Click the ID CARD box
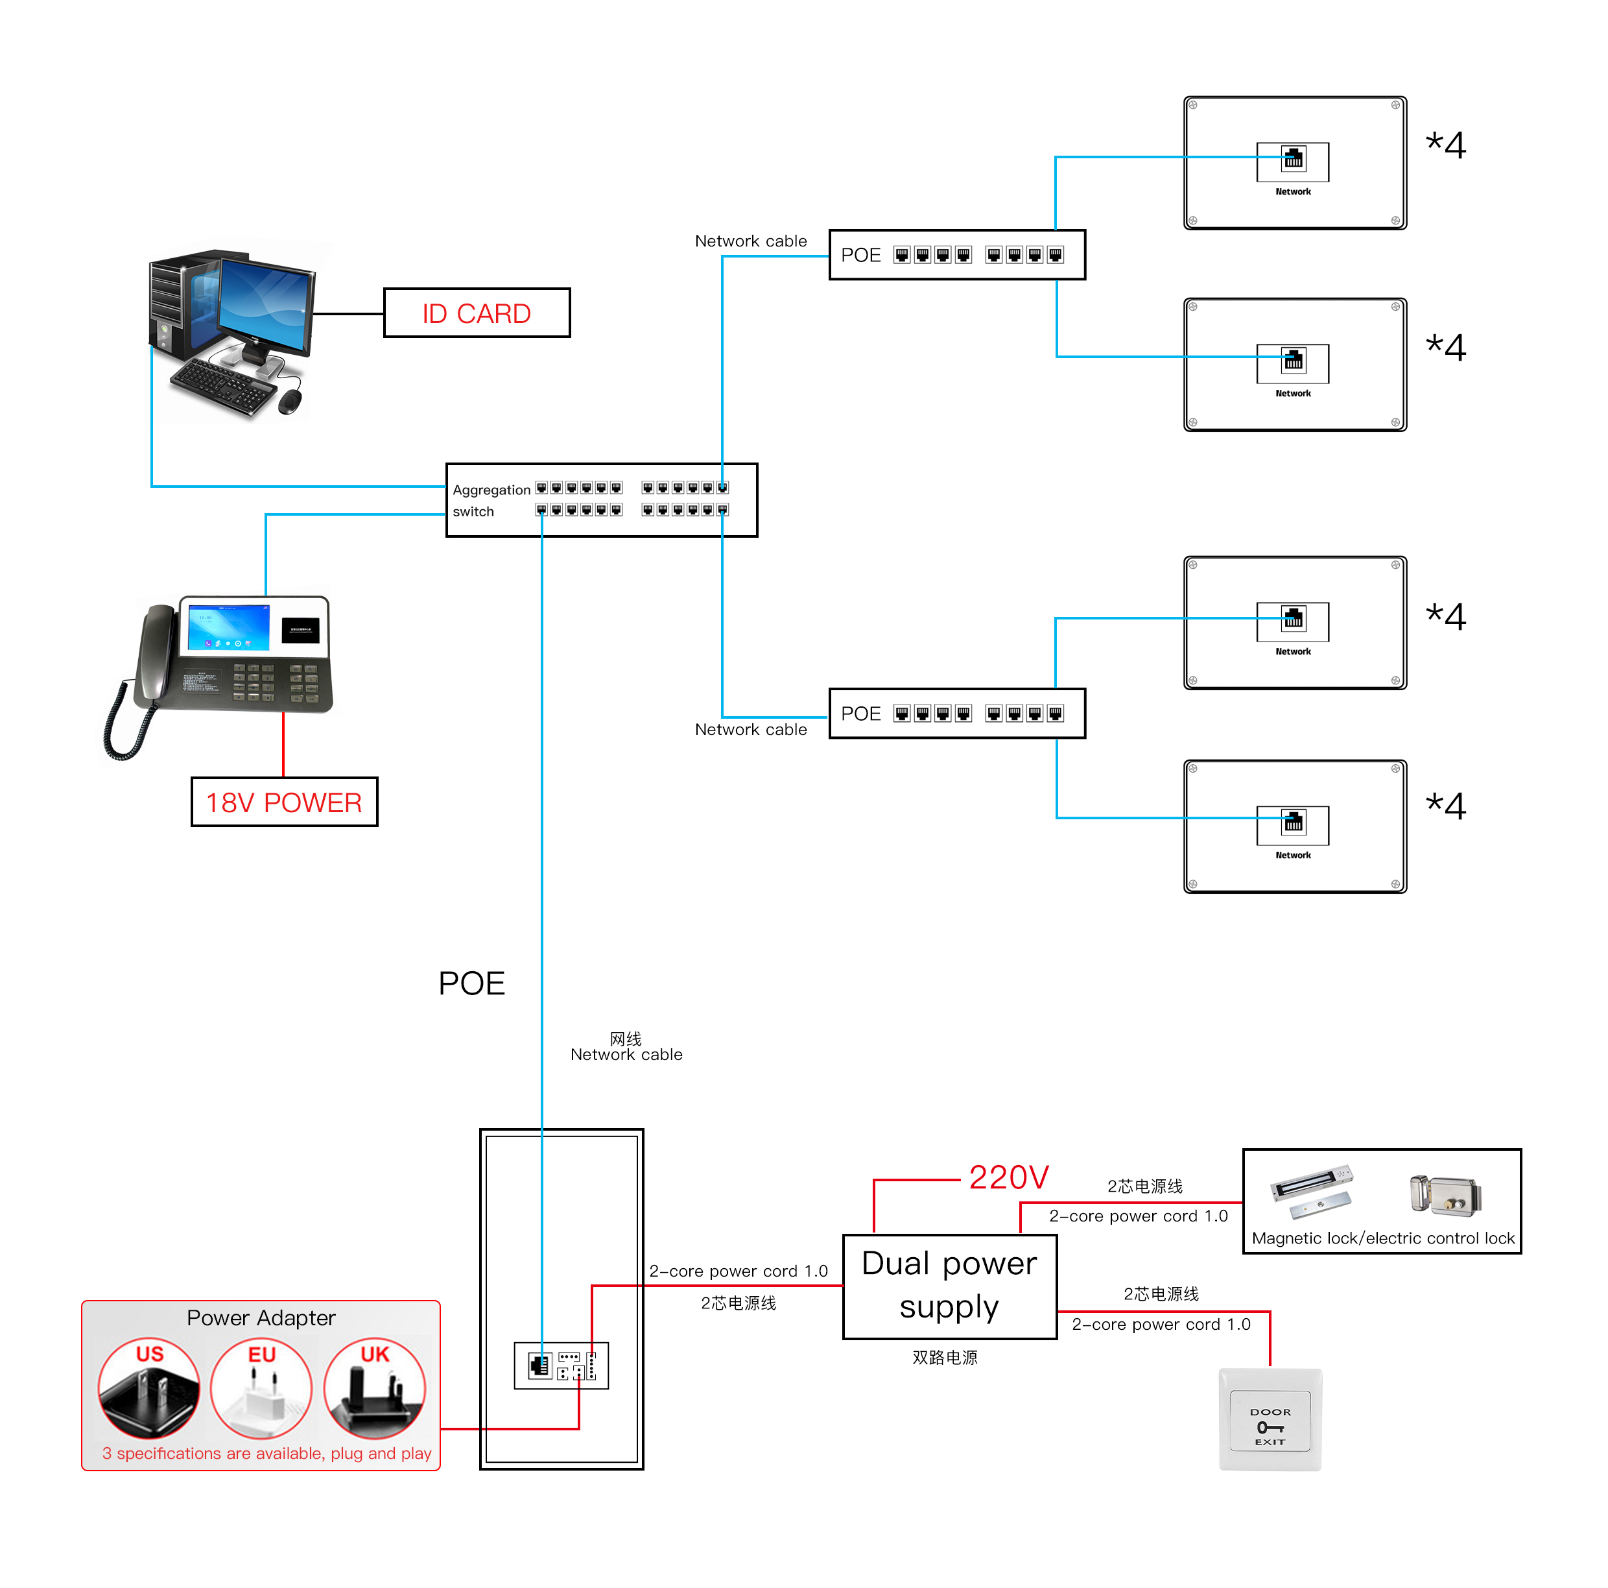[476, 313]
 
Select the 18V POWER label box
[284, 802]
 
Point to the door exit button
[1270, 1420]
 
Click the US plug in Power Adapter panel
[149, 1388]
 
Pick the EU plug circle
[261, 1388]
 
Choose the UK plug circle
[375, 1388]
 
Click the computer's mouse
[290, 402]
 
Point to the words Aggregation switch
[490, 500]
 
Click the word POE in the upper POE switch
[860, 255]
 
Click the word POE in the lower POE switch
[860, 714]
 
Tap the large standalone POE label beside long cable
[471, 983]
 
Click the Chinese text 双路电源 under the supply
[945, 1357]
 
